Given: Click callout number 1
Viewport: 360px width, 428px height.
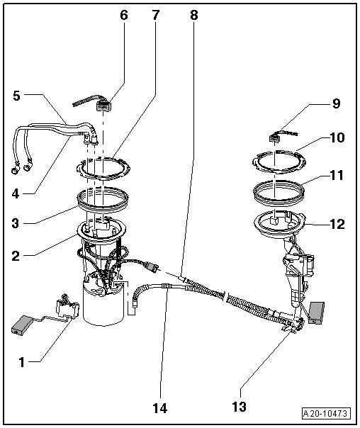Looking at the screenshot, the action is (x=21, y=363).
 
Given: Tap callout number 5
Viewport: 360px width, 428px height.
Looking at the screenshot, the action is (x=16, y=96).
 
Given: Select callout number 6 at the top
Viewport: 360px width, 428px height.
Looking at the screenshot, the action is (x=124, y=16).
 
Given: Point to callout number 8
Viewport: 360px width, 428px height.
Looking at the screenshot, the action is (x=193, y=16).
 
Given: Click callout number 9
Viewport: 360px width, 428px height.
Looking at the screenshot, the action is (x=336, y=103).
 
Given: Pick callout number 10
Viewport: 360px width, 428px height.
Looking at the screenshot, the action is (x=337, y=137).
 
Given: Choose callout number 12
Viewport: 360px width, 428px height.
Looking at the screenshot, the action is (x=337, y=224).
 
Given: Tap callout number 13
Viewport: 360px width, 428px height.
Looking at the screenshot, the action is (x=239, y=407).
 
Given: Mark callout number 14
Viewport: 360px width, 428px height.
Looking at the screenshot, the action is (x=160, y=408).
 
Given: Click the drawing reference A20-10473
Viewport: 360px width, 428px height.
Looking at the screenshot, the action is (x=326, y=414).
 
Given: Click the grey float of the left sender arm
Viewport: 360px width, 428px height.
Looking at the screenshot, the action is (x=22, y=325).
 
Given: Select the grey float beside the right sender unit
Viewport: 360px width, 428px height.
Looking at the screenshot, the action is (x=316, y=312).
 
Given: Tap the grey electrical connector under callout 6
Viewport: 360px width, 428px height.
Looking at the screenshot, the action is (x=104, y=106).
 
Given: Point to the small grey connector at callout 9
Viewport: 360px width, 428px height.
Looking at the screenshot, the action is (x=274, y=139).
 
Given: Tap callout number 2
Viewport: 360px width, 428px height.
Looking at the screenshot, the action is (x=16, y=256).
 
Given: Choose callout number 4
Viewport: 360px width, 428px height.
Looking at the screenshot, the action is (x=16, y=193).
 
